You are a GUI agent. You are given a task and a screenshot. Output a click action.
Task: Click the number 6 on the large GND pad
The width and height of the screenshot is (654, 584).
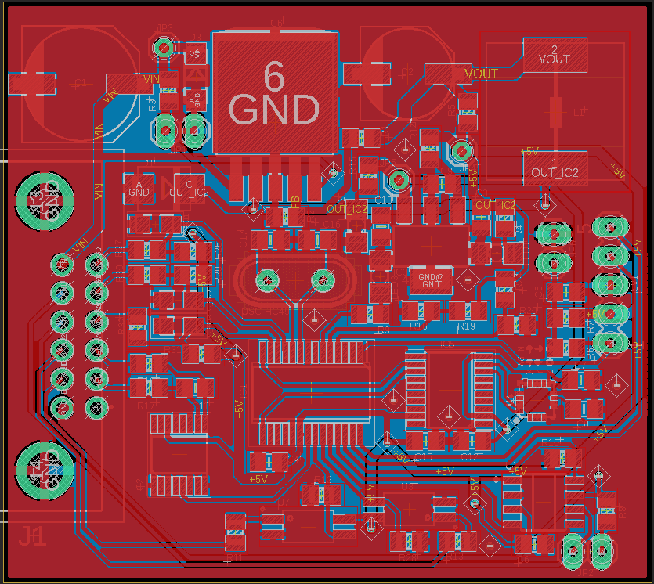[274, 77]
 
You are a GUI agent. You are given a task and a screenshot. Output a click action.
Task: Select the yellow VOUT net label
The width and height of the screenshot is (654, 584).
[481, 74]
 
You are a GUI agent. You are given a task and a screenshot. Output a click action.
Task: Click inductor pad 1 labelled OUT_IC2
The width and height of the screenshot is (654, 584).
[555, 168]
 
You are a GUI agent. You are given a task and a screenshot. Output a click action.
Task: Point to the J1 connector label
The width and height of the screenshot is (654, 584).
[32, 537]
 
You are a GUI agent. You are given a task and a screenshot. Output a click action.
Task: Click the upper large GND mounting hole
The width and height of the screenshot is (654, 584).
[45, 200]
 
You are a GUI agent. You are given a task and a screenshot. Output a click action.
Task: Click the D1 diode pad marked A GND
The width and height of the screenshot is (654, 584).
[139, 188]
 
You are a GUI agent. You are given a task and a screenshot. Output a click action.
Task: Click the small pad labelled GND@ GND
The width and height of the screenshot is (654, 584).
[431, 280]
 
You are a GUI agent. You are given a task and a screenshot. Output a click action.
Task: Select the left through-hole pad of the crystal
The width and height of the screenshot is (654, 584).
[267, 279]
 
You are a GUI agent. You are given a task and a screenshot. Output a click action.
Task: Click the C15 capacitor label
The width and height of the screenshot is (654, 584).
[423, 456]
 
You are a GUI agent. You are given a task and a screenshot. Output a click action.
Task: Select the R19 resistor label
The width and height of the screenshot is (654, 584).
[466, 326]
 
